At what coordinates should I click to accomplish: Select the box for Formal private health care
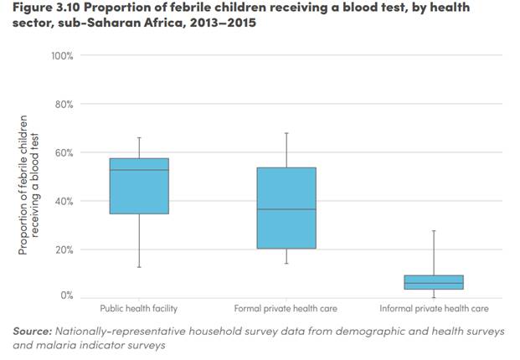point(286,208)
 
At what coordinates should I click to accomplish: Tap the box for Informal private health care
point(434,282)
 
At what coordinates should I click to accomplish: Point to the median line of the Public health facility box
point(139,170)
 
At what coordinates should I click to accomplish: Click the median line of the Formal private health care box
point(286,209)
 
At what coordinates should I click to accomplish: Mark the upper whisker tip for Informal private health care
point(434,230)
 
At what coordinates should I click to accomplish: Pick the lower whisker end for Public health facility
point(139,267)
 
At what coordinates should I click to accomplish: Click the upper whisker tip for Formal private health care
point(286,132)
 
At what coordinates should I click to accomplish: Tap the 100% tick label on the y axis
point(63,56)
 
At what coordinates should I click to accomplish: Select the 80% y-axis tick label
point(64,105)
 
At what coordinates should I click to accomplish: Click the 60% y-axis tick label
point(64,153)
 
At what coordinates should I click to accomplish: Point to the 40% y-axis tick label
point(64,202)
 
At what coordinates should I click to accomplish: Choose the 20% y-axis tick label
point(64,250)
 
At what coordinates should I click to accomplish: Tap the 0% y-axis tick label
point(67,296)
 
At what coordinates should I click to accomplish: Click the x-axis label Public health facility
point(139,309)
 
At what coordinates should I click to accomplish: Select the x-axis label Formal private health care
point(286,309)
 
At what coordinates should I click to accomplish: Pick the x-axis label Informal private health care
point(434,309)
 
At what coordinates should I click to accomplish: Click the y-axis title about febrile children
point(28,184)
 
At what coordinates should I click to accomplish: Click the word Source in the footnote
point(33,332)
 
